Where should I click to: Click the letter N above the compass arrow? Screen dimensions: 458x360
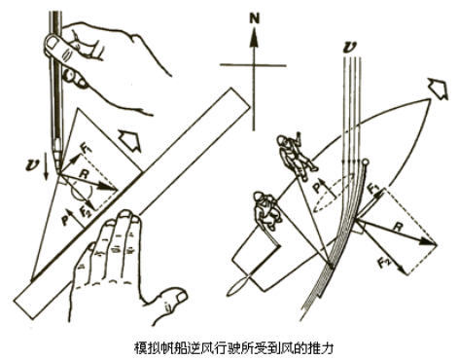(255, 19)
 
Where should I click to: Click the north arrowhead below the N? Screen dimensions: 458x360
(255, 37)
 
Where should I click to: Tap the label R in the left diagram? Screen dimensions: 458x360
(85, 175)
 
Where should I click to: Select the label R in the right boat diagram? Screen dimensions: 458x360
(398, 227)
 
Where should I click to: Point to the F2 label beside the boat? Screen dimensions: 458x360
(384, 262)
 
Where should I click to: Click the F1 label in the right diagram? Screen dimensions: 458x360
(374, 189)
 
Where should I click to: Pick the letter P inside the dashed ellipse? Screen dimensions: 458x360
(320, 187)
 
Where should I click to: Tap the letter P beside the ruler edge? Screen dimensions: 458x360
(65, 221)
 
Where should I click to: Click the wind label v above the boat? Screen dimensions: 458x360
(350, 48)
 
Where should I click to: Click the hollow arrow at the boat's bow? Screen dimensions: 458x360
(438, 89)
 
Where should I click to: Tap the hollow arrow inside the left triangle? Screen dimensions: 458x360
(130, 140)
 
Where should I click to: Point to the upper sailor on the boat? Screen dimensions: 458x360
(295, 153)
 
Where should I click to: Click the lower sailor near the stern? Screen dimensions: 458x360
(266, 210)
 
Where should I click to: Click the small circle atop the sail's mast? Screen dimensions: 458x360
(366, 162)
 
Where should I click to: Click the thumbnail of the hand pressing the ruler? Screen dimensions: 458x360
(180, 296)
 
